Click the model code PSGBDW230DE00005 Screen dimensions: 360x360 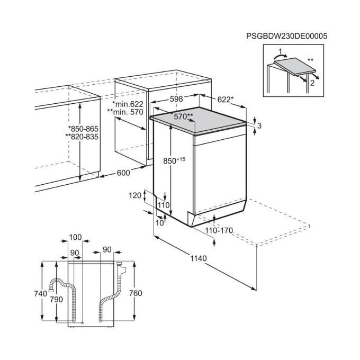click(287, 36)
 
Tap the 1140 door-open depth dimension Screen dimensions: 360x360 click(199, 258)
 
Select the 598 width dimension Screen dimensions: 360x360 click(176, 98)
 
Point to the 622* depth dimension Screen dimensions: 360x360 click(225, 100)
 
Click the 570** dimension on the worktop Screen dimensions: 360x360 click(184, 116)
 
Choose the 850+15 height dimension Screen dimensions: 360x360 click(174, 160)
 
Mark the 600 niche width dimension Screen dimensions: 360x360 click(123, 173)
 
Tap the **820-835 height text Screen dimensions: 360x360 click(82, 137)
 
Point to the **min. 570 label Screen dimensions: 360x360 click(125, 112)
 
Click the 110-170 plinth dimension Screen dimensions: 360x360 click(219, 230)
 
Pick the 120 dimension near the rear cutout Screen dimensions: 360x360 click(135, 195)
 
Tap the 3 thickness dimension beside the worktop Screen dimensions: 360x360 click(259, 125)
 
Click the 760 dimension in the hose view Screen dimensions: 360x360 click(136, 293)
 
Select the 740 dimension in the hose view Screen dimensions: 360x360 click(41, 293)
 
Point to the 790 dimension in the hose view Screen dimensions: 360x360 click(57, 300)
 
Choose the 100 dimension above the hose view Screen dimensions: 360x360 click(75, 237)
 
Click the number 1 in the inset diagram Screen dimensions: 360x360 click(280, 51)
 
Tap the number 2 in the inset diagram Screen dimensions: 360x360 click(312, 83)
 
